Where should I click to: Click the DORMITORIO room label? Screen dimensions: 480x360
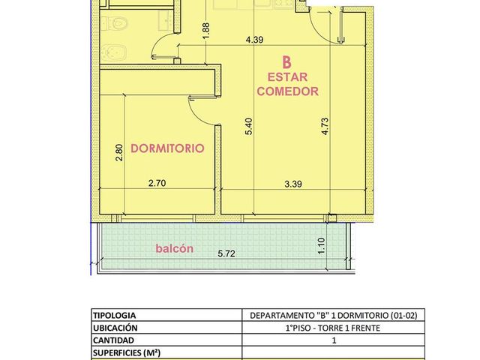[x=167, y=148]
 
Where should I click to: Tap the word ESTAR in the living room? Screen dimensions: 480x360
[x=287, y=77]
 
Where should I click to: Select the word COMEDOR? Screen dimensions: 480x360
[x=287, y=91]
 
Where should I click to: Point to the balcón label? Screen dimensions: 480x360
[x=175, y=248]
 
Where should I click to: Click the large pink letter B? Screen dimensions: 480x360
[x=286, y=62]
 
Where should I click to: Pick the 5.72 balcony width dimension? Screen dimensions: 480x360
[x=226, y=253]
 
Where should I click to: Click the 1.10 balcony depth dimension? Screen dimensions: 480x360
[x=321, y=246]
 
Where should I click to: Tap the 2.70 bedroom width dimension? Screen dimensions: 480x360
[x=157, y=183]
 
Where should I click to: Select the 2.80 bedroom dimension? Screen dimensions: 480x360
[x=119, y=152]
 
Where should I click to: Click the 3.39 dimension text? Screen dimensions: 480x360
[x=293, y=184]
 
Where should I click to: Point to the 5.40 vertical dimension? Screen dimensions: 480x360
[x=248, y=127]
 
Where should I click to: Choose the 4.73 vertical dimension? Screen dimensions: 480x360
[x=325, y=127]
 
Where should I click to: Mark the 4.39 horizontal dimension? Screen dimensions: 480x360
[x=255, y=40]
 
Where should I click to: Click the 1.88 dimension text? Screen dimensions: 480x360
[x=206, y=31]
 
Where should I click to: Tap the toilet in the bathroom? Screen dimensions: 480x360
[x=114, y=23]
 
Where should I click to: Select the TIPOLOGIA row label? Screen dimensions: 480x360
[x=115, y=315]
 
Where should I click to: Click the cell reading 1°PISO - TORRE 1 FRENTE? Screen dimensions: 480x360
[x=333, y=328]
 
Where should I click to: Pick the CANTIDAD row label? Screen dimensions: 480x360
[x=113, y=340]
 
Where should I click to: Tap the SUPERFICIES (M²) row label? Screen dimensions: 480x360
[x=127, y=353]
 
